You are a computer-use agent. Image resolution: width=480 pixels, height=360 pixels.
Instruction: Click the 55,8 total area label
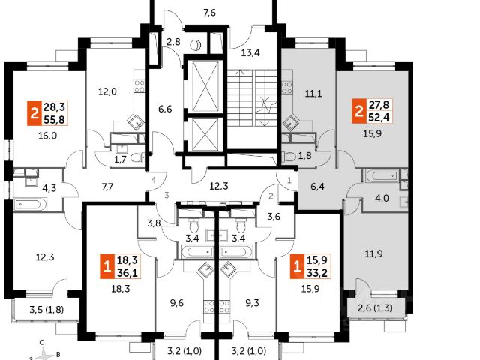pos(54,119)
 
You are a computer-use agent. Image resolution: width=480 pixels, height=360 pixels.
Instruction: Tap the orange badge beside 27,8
pos(358,111)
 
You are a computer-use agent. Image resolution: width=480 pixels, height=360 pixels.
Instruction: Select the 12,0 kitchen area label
pos(107,91)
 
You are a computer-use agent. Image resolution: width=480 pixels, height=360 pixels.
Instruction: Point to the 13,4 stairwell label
pos(250,53)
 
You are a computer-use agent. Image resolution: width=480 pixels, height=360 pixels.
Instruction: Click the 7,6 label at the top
pos(210,13)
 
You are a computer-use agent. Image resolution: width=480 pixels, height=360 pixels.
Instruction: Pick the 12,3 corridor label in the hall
pos(219,186)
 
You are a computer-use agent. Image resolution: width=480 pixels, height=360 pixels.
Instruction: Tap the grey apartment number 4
pos(154,180)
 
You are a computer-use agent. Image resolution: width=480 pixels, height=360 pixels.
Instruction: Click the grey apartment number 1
pos(289,181)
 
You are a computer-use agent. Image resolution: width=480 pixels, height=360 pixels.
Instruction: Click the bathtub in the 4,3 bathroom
pos(31,204)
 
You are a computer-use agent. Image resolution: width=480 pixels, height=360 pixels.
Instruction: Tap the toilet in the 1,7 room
pos(137,158)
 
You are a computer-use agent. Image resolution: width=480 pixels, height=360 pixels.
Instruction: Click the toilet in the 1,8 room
pos(289,157)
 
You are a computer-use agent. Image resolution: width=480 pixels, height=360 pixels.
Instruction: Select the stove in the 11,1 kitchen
pos(286,86)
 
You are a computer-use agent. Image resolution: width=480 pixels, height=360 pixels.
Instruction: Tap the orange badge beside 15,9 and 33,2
pos(297,266)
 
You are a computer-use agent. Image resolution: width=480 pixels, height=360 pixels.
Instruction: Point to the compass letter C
pos(42,343)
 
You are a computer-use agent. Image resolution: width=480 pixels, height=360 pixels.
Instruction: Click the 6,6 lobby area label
pos(165,109)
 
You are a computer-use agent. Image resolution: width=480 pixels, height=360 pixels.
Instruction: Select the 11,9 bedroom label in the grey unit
pos(373,253)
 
